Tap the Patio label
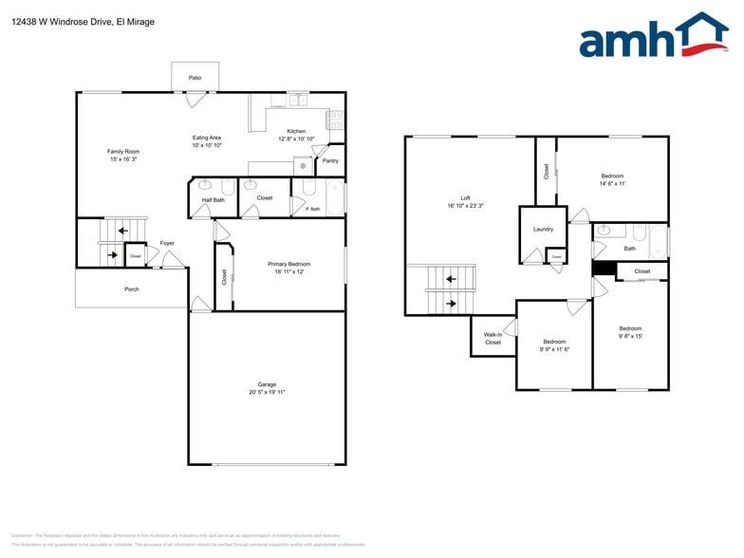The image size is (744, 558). tap(195, 78)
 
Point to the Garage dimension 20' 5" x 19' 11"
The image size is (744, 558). tap(267, 392)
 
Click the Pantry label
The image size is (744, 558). tap(330, 160)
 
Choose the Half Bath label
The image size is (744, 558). tap(214, 200)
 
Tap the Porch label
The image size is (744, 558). tap(132, 289)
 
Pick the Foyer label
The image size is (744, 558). tap(167, 243)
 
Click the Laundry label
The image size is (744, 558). tap(543, 229)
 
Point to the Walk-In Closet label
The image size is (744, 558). tap(493, 338)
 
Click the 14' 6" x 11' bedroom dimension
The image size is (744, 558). tap(612, 183)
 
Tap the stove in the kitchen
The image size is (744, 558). tap(335, 120)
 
